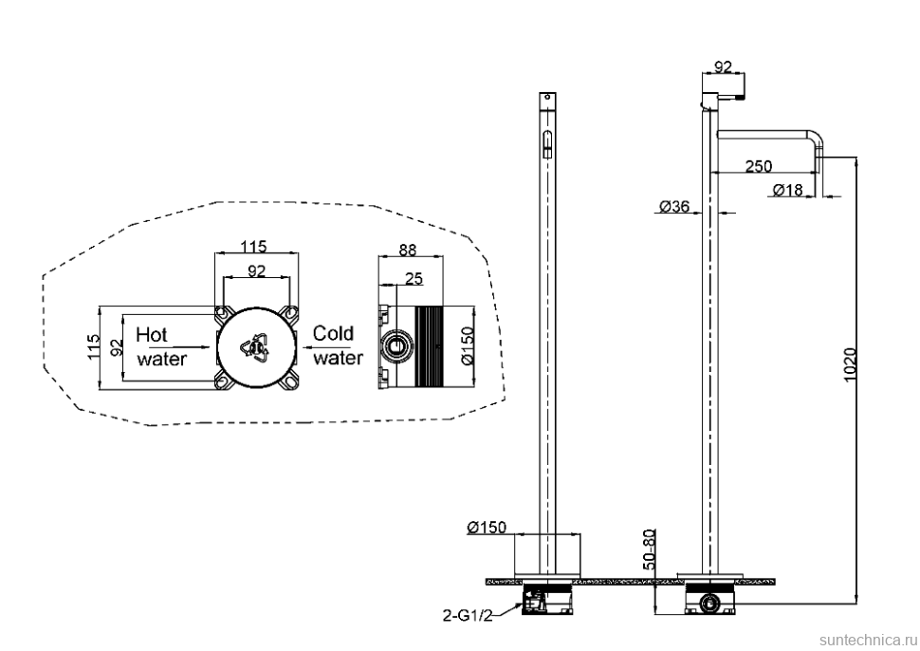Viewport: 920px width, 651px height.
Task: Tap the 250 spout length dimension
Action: [x=759, y=166]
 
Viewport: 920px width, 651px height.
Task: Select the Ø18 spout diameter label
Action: [x=787, y=190]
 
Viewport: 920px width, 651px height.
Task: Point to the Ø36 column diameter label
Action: [x=674, y=206]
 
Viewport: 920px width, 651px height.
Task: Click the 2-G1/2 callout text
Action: [x=468, y=615]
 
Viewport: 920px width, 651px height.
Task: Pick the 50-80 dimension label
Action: [x=650, y=549]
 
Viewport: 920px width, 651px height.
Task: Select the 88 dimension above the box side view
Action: [x=407, y=250]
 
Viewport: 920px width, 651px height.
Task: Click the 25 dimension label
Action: [x=414, y=278]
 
